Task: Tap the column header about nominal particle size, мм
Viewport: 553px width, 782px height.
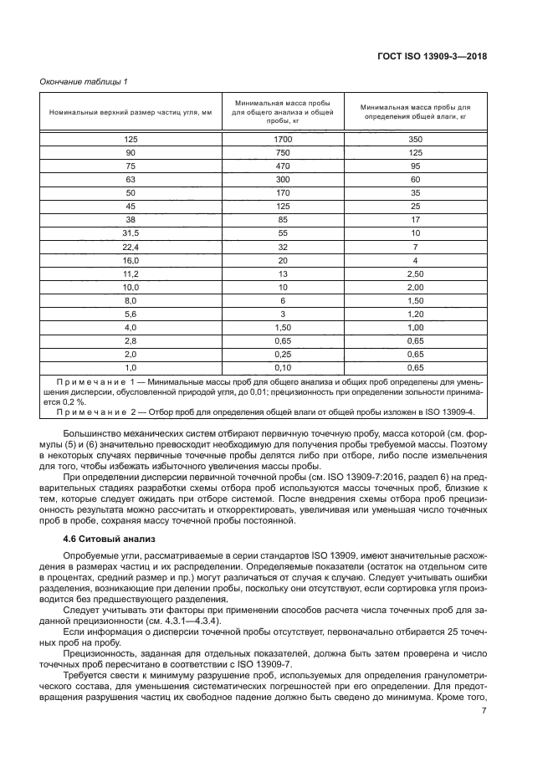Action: (x=131, y=112)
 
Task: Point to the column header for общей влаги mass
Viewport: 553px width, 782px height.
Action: (x=416, y=112)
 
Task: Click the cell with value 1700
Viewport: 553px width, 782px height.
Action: (x=283, y=139)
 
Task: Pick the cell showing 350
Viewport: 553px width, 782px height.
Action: (x=416, y=139)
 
